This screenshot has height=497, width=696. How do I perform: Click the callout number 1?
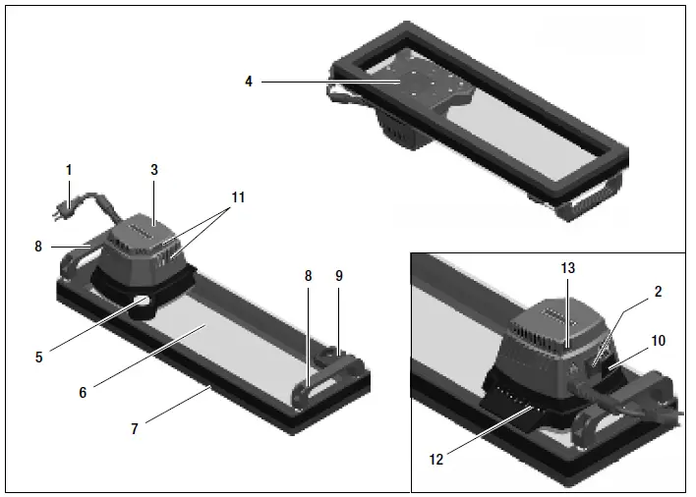pyautogui.click(x=69, y=170)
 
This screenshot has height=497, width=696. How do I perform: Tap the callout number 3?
pyautogui.click(x=153, y=170)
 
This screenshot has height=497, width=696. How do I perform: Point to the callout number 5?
pyautogui.click(x=38, y=358)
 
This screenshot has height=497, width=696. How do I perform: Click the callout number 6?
pyautogui.click(x=84, y=391)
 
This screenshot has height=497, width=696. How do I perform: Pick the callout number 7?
pyautogui.click(x=137, y=429)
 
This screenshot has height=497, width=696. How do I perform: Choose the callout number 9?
pyautogui.click(x=339, y=277)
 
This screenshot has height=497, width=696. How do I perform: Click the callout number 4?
pyautogui.click(x=250, y=83)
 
